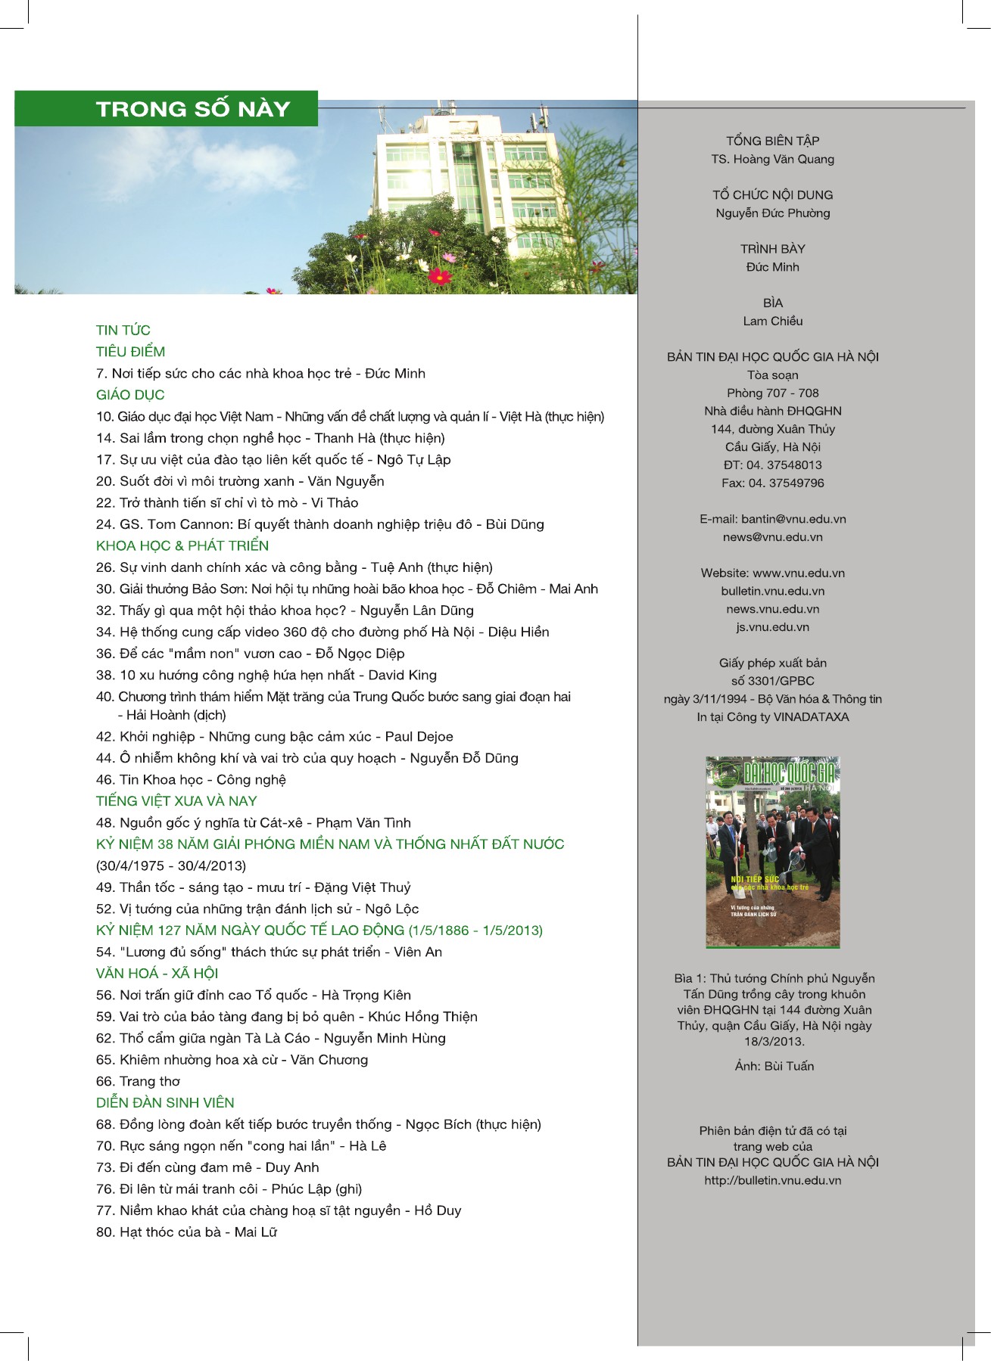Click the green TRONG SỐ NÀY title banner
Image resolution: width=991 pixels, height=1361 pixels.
pos(166,109)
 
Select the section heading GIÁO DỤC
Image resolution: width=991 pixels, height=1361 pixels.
pos(130,395)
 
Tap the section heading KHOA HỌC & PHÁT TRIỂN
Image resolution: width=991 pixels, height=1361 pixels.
pos(182,545)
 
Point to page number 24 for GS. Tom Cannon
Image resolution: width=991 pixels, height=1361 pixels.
pos(104,524)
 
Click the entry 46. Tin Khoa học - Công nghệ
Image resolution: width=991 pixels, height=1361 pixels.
pos(191,779)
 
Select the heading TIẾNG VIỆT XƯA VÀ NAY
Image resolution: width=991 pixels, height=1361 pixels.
pos(176,801)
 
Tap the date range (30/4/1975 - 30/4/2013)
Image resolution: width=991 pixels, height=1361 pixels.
pos(171,865)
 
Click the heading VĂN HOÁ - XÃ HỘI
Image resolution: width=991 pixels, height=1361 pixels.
pos(157,974)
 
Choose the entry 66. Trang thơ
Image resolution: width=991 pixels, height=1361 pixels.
pos(139,1081)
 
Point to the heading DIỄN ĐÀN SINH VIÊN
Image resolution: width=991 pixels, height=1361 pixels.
pos(165,1103)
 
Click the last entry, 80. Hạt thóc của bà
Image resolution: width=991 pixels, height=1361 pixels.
pos(186,1232)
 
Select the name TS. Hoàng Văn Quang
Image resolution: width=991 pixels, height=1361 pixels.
pos(772,159)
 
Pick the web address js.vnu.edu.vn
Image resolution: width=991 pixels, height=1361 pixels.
pos(772,627)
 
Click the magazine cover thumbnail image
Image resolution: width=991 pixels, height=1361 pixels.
pos(772,851)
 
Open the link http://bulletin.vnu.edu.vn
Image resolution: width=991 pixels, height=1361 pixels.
pos(772,1180)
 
